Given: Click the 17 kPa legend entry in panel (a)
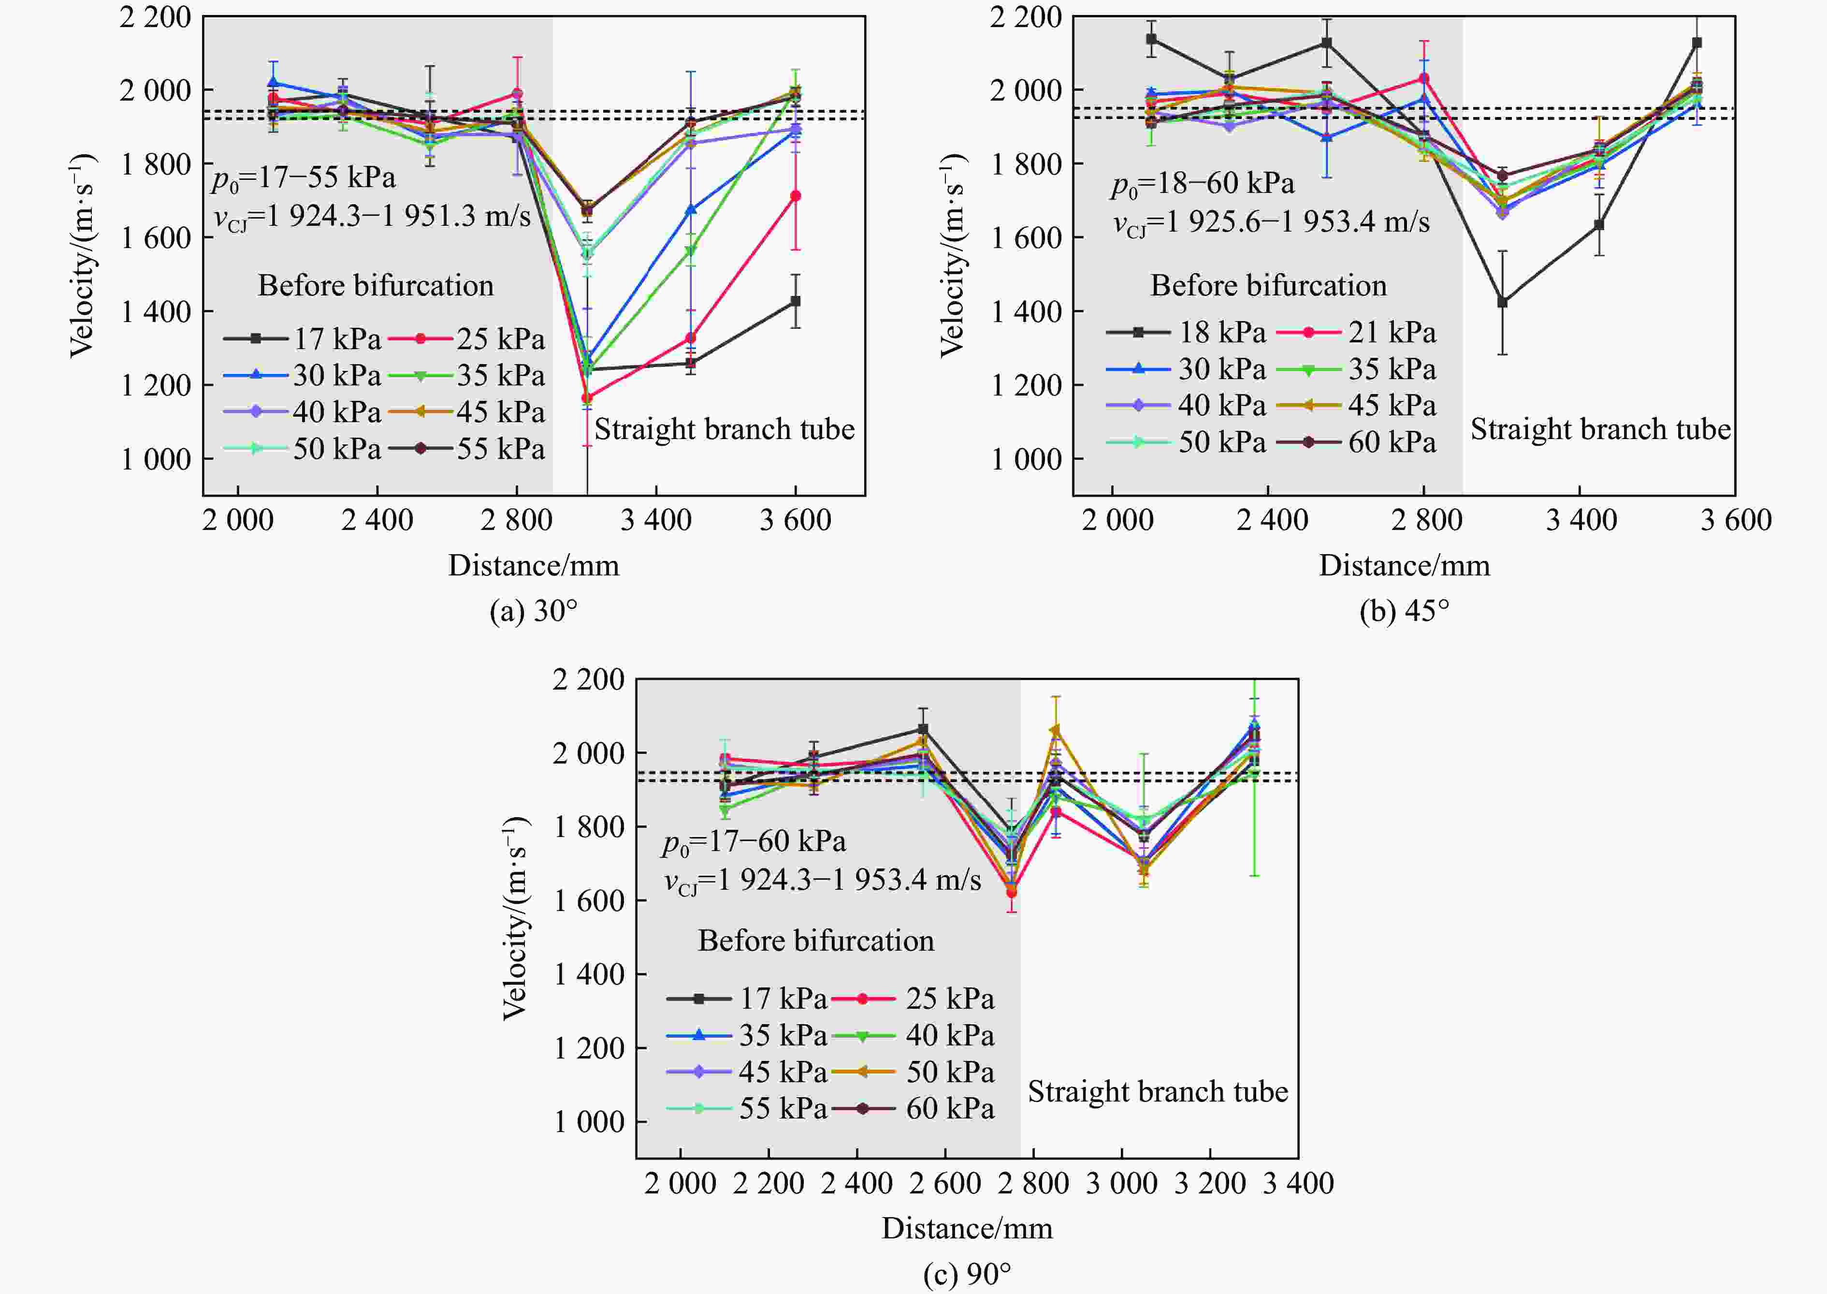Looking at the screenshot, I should [303, 338].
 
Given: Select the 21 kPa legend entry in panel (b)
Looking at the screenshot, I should [1356, 332].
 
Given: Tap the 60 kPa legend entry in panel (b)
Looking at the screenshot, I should [1356, 442].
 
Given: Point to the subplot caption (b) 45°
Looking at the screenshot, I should [1404, 611].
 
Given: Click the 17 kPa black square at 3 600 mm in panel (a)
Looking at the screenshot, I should [795, 301].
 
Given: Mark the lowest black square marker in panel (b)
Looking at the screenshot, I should [1502, 303].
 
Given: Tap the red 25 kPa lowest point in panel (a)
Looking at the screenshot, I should [587, 397].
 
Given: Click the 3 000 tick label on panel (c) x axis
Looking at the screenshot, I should [1121, 1183].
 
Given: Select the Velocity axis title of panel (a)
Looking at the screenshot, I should [83, 255].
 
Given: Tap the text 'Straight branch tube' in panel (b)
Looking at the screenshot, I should [1600, 429].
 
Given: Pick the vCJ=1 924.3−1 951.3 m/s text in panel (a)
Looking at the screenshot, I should [372, 216].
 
